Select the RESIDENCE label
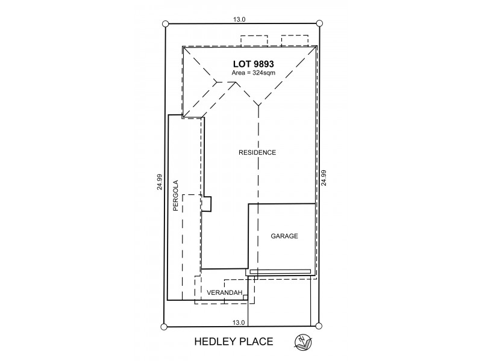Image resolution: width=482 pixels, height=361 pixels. [x=257, y=153]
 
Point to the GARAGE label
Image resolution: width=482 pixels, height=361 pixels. [x=284, y=236]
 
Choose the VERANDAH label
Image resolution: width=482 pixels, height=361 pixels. [x=224, y=293]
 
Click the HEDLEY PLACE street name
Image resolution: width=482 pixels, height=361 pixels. [x=233, y=342]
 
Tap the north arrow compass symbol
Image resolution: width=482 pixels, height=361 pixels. [x=302, y=342]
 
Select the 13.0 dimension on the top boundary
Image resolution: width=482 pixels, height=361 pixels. [x=239, y=19]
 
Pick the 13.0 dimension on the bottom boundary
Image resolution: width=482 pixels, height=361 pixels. [x=239, y=322]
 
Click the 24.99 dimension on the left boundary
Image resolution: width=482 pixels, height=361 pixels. [x=159, y=182]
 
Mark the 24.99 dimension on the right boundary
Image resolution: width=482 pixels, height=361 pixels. [x=324, y=179]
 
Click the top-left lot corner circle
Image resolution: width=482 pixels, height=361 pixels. [x=166, y=24]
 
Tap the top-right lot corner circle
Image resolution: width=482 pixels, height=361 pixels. [x=319, y=23]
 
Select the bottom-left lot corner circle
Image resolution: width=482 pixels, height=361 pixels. [x=163, y=327]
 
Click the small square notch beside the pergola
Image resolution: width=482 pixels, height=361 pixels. [x=207, y=204]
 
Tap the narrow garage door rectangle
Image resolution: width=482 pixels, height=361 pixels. [x=280, y=272]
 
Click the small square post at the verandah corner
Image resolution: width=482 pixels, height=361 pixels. [x=245, y=296]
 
